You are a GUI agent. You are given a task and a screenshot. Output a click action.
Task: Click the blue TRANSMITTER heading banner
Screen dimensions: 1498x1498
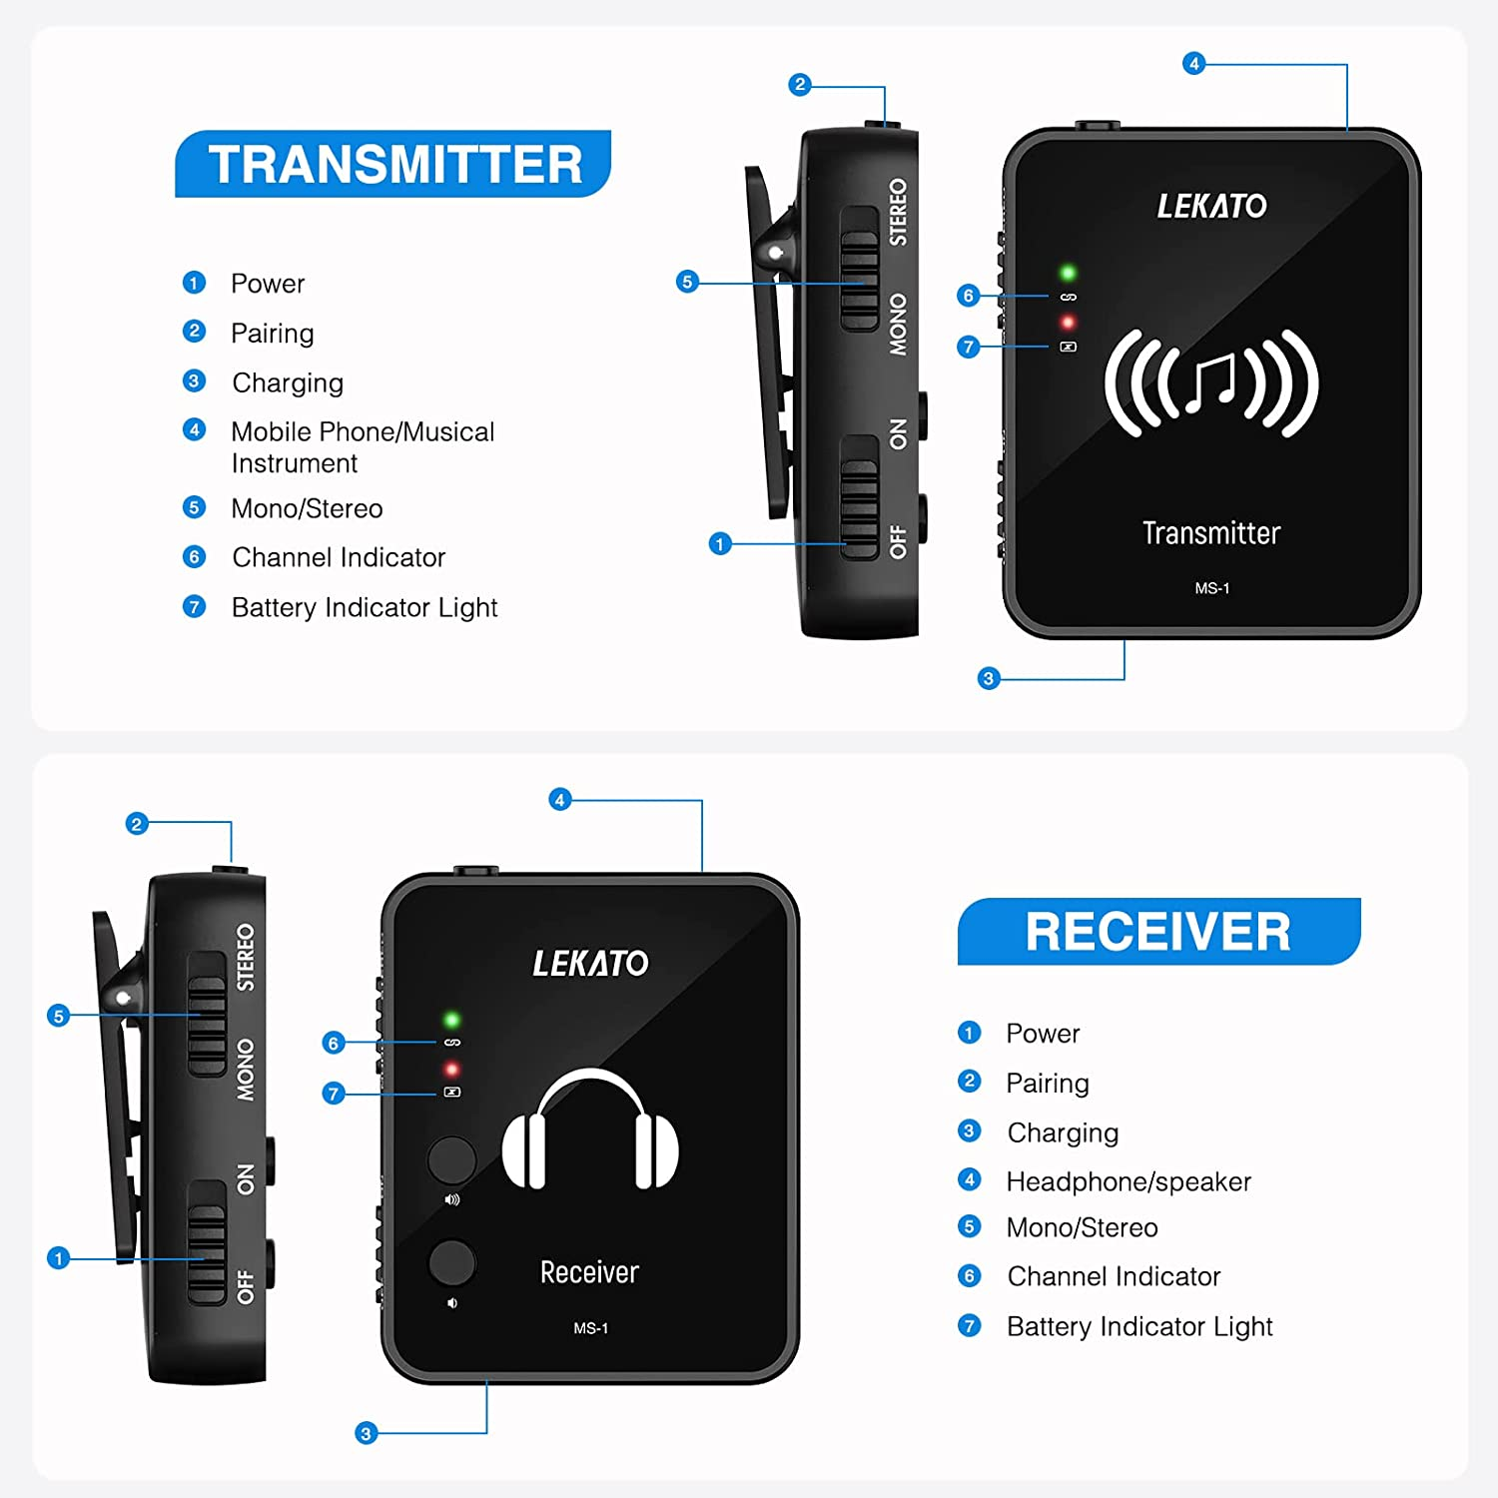tap(393, 164)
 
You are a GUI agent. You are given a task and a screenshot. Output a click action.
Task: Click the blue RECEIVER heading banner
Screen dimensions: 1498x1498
tap(1158, 931)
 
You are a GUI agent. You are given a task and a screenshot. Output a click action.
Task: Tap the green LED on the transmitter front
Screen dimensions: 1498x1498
tap(1068, 273)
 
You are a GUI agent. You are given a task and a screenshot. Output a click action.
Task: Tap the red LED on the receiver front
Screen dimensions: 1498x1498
tap(451, 1070)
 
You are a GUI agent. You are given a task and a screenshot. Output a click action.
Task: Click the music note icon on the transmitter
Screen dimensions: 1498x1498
tap(1211, 383)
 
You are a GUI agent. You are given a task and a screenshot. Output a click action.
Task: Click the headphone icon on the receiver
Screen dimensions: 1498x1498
tap(590, 1130)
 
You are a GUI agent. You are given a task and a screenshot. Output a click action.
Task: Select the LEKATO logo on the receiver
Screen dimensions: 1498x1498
tap(590, 963)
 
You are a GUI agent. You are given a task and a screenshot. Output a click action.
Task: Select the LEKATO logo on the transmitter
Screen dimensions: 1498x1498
tap(1211, 206)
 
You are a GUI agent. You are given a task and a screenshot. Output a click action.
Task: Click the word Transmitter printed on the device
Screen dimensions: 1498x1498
tap(1211, 533)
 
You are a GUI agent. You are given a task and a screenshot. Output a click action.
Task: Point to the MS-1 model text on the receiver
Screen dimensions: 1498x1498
tap(590, 1328)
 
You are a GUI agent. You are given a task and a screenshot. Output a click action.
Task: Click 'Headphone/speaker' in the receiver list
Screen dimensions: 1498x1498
tap(1128, 1181)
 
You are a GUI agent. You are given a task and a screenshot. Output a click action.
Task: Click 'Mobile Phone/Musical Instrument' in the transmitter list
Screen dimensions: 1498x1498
tap(363, 446)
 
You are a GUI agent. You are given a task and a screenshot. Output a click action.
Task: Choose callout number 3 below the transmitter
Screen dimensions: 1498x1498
tap(989, 679)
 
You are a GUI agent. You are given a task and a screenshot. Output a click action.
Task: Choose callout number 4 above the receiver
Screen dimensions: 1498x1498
tap(560, 800)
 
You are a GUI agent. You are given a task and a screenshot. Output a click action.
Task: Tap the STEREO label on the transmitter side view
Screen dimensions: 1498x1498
tap(898, 212)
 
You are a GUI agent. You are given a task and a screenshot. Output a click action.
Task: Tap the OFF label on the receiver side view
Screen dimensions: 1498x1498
tap(245, 1287)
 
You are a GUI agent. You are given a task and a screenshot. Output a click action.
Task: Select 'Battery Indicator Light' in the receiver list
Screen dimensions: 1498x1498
tap(1139, 1326)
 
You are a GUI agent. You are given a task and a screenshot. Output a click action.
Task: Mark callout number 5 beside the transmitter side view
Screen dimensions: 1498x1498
tap(687, 282)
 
